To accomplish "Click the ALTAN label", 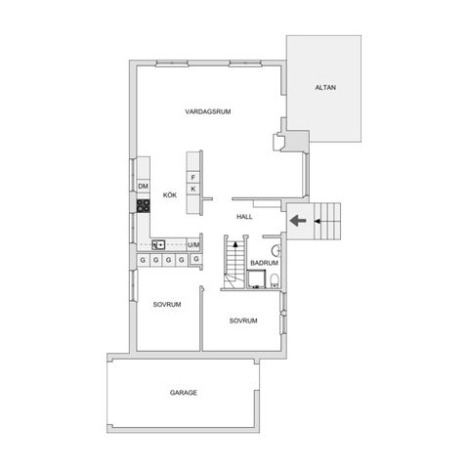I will coord(325,89).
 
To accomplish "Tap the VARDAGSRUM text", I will coord(206,113).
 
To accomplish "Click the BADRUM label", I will coord(265,264).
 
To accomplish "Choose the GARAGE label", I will coord(184,392).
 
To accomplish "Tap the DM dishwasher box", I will coord(143,186).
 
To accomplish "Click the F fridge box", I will coord(193,177).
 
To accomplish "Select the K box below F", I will coord(193,189).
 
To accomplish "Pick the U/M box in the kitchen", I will coord(192,244).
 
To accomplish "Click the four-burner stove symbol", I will coord(143,206).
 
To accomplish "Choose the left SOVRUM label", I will coord(168,306).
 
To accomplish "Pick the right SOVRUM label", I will coord(243,321).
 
